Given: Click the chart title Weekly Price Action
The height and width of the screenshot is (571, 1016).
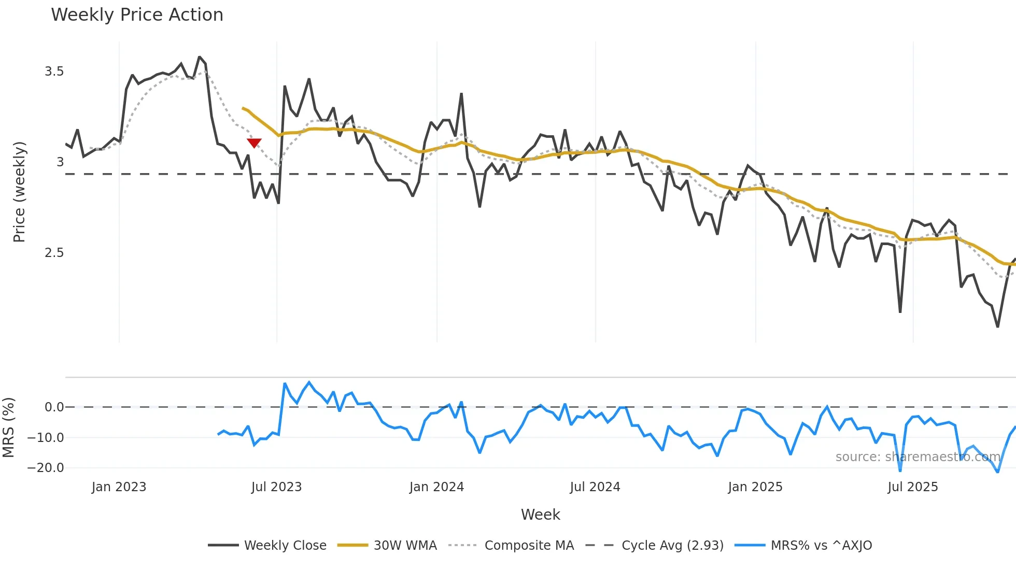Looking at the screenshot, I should pyautogui.click(x=137, y=15).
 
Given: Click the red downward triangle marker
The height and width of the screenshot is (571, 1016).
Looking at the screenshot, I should pyautogui.click(x=254, y=143).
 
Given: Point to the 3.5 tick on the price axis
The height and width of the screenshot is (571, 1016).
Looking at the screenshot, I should pyautogui.click(x=54, y=72).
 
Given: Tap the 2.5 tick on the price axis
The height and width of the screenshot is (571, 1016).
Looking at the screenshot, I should pyautogui.click(x=54, y=253).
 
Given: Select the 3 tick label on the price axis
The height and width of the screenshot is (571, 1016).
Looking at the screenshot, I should pyautogui.click(x=60, y=162).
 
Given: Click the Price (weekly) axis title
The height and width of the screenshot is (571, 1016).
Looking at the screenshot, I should pyautogui.click(x=19, y=192).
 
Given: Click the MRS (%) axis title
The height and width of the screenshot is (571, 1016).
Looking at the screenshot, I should pyautogui.click(x=9, y=427).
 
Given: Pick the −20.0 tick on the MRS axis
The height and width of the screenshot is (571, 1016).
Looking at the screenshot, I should pyautogui.click(x=46, y=468).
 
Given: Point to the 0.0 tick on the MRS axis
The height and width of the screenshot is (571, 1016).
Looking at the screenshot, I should pyautogui.click(x=54, y=407).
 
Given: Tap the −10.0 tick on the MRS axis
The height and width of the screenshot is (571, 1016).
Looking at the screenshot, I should pyautogui.click(x=46, y=438).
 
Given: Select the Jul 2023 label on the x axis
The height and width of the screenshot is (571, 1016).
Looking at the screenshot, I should pyautogui.click(x=276, y=487).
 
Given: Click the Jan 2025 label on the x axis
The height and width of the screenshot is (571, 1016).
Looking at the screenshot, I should pyautogui.click(x=755, y=487).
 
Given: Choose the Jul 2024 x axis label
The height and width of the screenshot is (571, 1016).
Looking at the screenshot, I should pyautogui.click(x=595, y=487).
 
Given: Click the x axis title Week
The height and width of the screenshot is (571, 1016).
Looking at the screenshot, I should pyautogui.click(x=540, y=515).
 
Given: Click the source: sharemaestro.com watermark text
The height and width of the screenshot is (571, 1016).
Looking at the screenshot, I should pyautogui.click(x=918, y=457).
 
